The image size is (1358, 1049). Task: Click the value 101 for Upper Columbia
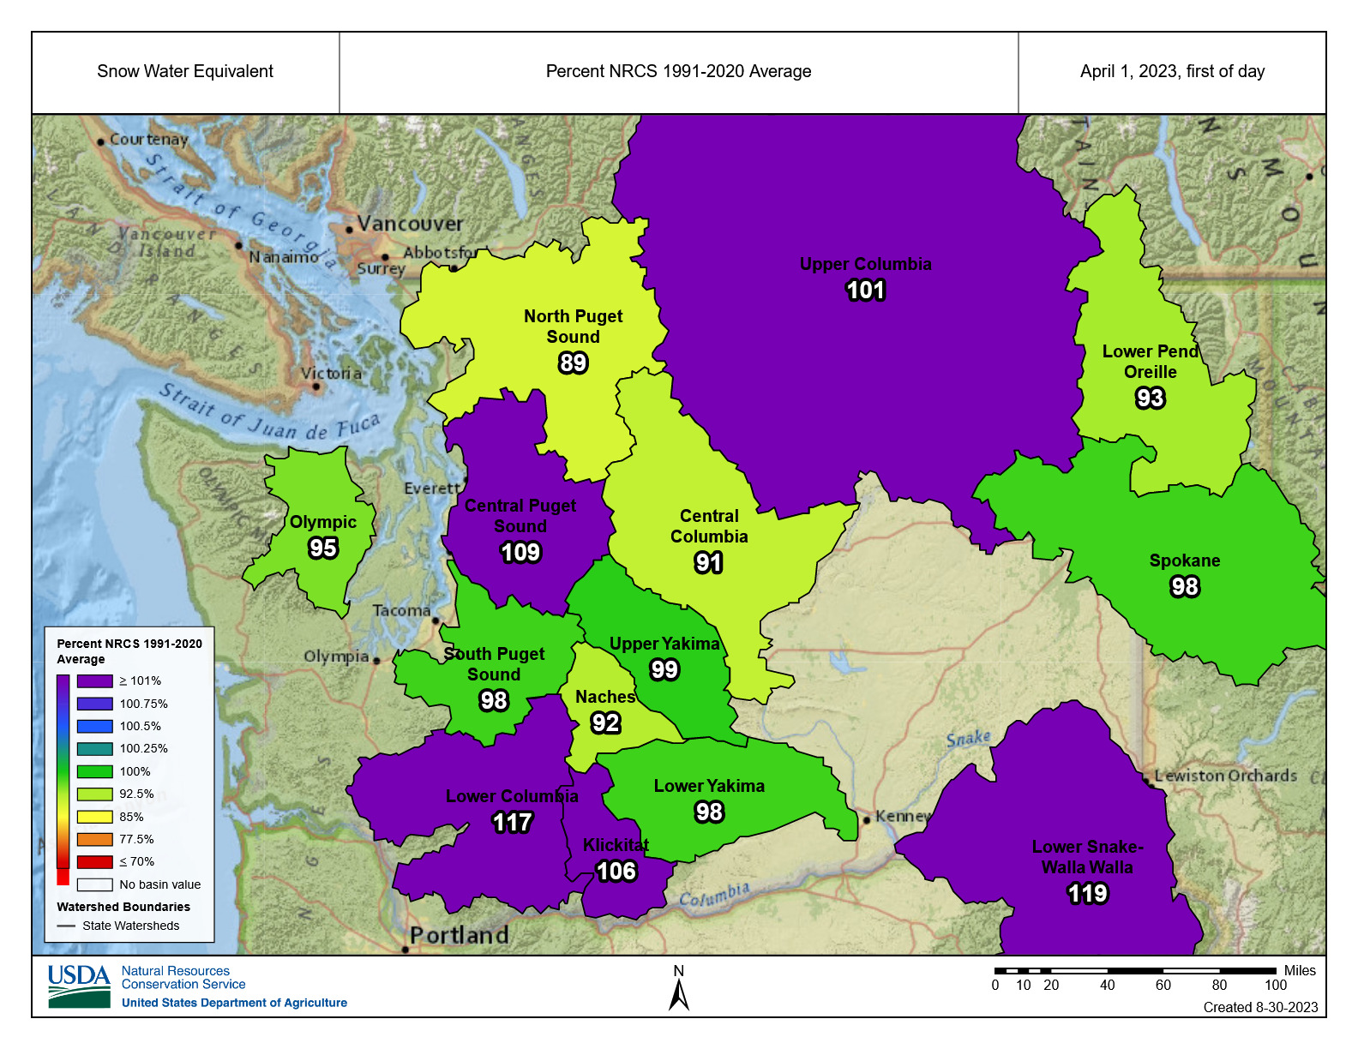[865, 291]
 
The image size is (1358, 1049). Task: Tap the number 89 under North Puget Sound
[573, 363]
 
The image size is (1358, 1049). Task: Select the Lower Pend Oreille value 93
[1150, 399]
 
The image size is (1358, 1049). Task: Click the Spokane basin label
[1184, 560]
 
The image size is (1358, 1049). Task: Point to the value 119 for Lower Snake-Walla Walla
[1087, 894]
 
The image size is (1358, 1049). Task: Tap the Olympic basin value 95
[322, 548]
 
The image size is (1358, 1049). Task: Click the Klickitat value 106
[616, 872]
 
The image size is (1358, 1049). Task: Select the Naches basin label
[604, 697]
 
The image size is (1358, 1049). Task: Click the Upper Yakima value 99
[664, 670]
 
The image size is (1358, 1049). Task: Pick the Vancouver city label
[409, 224]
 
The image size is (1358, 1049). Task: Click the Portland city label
[459, 935]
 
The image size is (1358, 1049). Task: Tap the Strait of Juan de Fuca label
[269, 413]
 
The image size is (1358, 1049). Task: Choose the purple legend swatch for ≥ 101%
[94, 680]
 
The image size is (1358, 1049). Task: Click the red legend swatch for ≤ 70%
[94, 861]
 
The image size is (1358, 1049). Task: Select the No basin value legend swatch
[94, 884]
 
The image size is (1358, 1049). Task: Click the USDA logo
[79, 986]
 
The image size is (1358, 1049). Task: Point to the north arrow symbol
[679, 994]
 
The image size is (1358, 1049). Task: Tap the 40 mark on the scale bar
[1107, 985]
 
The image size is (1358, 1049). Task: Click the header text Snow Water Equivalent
[185, 72]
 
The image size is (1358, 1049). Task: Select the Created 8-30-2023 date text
[1260, 1007]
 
